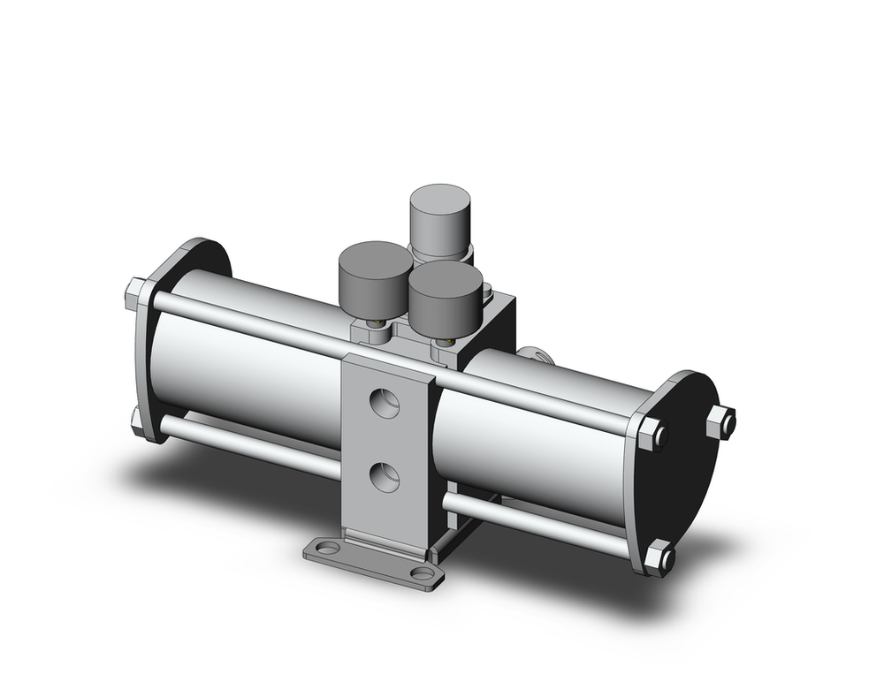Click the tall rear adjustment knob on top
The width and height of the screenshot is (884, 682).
pos(439,216)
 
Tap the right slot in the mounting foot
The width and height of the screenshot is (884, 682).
pos(423,574)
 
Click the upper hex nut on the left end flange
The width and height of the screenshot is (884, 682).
pos(136,293)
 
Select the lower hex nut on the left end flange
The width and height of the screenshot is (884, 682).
pos(137,420)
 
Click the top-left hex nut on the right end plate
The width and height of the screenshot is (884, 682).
pos(652,434)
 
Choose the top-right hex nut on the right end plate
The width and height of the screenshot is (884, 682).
pos(721,421)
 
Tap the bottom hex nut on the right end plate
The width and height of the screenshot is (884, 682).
pos(659,557)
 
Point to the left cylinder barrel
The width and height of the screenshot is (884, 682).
pos(248,371)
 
